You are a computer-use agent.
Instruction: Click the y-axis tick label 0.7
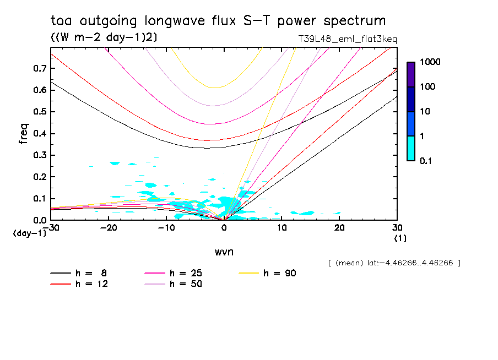tap(39, 68)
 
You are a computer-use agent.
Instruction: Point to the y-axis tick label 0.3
tap(39, 155)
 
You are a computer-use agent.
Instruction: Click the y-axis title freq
tap(24, 133)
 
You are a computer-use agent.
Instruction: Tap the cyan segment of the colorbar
tap(411, 148)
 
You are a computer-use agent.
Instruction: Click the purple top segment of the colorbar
tap(411, 74)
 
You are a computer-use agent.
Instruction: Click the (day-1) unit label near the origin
tap(30, 233)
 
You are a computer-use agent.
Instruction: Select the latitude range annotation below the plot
tap(394, 263)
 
